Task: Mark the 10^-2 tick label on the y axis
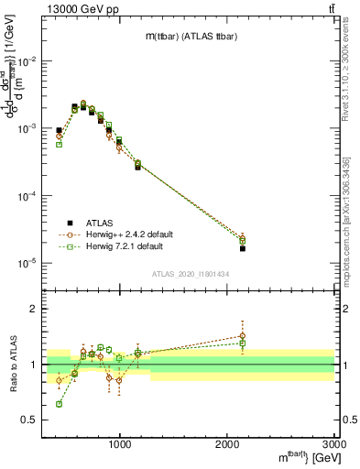pyautogui.click(x=25, y=61)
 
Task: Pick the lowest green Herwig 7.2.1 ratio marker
pyautogui.click(x=59, y=404)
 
